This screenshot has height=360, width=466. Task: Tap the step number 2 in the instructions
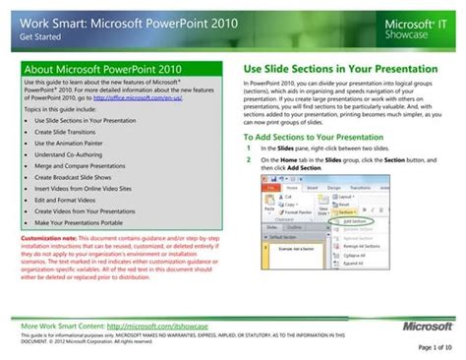(x=250, y=158)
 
